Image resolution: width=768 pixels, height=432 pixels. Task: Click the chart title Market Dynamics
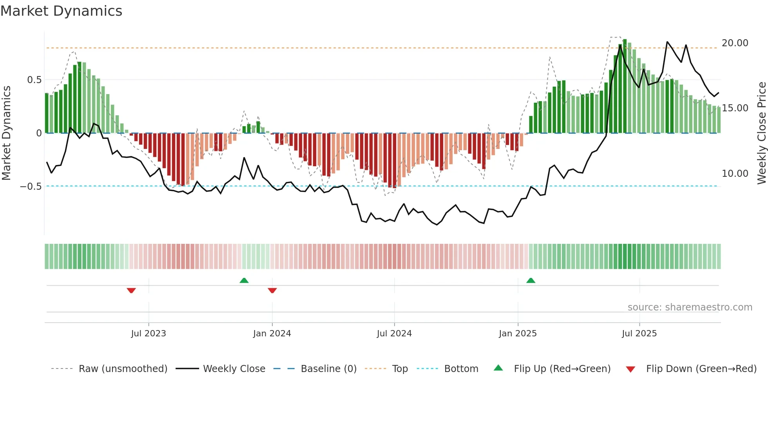61,11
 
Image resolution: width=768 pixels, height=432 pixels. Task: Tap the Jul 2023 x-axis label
149,334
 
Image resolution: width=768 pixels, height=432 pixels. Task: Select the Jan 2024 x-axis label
272,334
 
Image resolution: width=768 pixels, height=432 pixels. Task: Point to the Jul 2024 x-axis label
394,334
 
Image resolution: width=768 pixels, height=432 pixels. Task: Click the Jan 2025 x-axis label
518,334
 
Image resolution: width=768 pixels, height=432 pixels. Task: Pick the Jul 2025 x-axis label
639,334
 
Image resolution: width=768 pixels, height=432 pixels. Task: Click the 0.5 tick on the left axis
34,80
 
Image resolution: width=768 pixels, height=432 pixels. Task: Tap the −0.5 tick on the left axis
31,187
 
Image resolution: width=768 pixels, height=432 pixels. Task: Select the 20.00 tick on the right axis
735,43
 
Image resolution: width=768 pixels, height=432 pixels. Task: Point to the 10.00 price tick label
735,174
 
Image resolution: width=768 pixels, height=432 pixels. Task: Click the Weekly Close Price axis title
761,133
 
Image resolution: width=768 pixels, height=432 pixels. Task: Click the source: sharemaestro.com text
690,307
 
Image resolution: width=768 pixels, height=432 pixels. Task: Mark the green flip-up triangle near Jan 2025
531,281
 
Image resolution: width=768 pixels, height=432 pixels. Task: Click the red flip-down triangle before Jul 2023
131,290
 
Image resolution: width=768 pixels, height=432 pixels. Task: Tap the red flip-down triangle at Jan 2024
272,290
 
